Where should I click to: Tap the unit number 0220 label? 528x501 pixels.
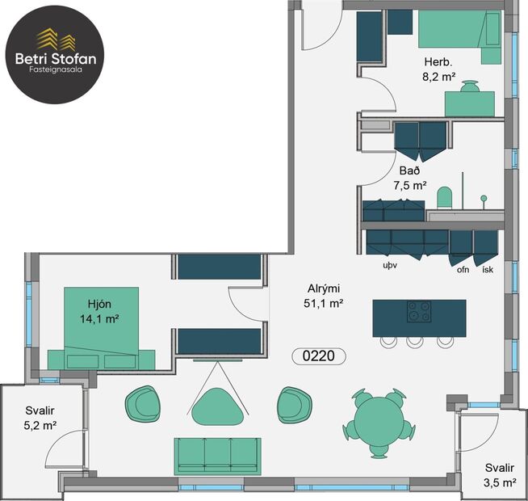tap(318, 355)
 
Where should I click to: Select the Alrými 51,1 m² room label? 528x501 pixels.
tap(325, 297)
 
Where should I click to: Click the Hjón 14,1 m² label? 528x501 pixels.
tap(103, 312)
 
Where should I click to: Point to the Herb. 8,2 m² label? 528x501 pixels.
tap(438, 69)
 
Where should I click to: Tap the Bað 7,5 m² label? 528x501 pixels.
tap(413, 179)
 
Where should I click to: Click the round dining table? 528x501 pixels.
tap(377, 420)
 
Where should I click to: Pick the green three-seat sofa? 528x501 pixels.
tap(217, 454)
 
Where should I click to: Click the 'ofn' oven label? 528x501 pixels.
tap(463, 269)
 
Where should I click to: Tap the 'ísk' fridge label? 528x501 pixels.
tap(487, 269)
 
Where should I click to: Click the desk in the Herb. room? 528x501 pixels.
tap(470, 103)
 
